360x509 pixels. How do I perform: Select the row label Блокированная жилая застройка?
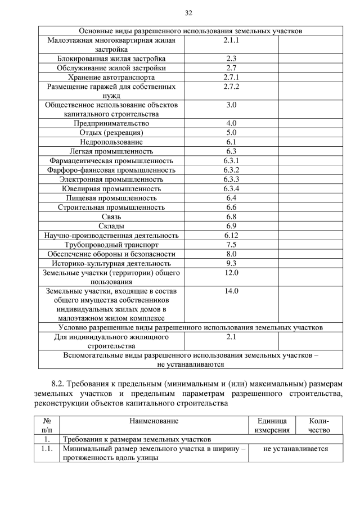point(111,58)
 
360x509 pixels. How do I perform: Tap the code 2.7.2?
point(231,87)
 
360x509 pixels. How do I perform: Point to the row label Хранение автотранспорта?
point(111,77)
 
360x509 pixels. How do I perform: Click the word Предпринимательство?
point(111,123)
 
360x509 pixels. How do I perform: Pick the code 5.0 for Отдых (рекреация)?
point(231,133)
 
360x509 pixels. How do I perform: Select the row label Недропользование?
point(111,142)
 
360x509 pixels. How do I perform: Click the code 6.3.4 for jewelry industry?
point(231,188)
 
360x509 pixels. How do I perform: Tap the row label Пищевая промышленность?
point(111,198)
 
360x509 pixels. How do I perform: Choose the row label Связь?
point(111,217)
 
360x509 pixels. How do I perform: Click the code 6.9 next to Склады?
point(231,226)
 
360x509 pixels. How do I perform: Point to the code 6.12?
point(231,235)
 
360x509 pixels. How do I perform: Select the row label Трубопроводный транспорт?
point(111,245)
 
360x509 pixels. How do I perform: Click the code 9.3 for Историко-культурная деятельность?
point(231,263)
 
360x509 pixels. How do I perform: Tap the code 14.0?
point(231,291)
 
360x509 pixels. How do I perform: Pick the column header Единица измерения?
point(272,425)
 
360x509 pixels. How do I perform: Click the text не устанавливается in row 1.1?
point(295,449)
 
